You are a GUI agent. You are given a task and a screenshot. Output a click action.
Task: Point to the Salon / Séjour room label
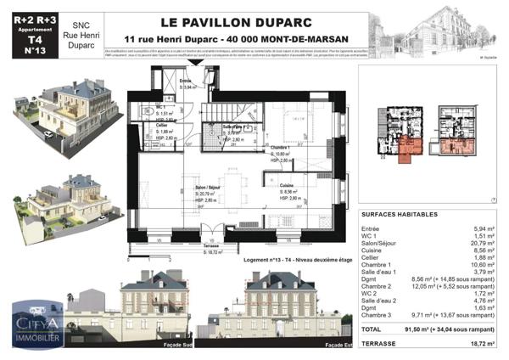pos(208,188)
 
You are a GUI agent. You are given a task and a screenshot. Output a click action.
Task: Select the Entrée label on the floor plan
pos(187,82)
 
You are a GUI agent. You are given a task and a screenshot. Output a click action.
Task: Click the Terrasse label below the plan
pos(216,246)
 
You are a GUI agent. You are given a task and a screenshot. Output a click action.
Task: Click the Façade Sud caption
pos(159,345)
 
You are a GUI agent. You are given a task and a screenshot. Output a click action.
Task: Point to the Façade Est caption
pos(339,345)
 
